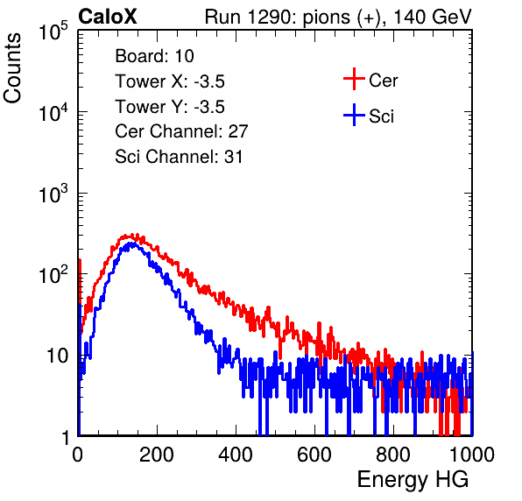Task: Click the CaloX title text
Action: point(108,17)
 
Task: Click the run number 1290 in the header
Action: point(270,17)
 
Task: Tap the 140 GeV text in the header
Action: point(432,17)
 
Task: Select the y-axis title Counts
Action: point(12,68)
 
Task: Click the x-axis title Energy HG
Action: point(413,479)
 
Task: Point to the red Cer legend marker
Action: point(354,79)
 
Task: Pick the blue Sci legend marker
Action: point(354,115)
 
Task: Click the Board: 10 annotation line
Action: point(154,56)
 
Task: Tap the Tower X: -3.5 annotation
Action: point(170,81)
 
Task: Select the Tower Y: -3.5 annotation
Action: point(170,107)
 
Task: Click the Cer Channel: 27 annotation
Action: point(181,131)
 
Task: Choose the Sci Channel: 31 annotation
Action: point(179,157)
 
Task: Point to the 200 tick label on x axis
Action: point(157,455)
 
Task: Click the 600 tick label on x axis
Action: point(314,455)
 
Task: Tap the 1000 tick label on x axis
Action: point(472,455)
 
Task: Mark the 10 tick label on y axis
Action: point(57,356)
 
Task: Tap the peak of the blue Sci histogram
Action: point(132,243)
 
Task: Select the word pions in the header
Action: point(326,18)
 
